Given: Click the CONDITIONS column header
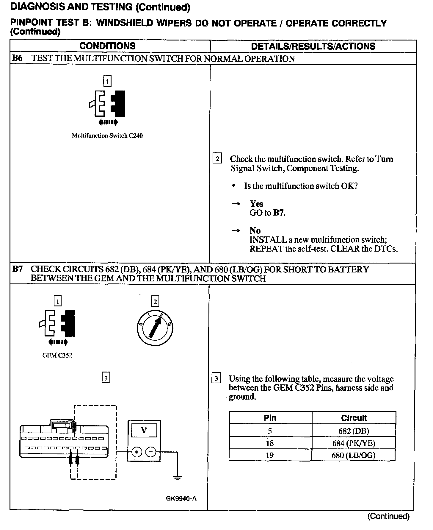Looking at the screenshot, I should tap(107, 46).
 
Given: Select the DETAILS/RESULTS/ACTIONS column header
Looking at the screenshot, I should tap(313, 46).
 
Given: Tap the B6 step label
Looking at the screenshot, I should tap(17, 58).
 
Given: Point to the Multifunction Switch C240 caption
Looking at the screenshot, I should tap(107, 136).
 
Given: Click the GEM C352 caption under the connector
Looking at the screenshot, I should tap(57, 355).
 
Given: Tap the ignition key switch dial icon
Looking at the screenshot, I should tap(155, 328).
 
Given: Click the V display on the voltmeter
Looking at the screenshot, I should tap(144, 430).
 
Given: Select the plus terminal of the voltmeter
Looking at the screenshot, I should tap(137, 452).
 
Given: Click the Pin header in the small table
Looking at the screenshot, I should tap(270, 418).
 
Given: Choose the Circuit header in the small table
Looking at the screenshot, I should tap(354, 418).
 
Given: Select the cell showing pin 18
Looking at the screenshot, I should tap(270, 443).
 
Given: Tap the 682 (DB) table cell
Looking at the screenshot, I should tap(354, 431).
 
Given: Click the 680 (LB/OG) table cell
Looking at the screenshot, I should tap(354, 455).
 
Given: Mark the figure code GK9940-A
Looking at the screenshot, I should tap(181, 498).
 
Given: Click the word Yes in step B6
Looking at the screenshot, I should tap(256, 204).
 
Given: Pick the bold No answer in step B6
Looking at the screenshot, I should tap(255, 230).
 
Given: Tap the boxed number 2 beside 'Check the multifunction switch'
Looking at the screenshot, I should tap(217, 159).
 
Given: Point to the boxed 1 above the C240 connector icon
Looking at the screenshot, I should tap(107, 81).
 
